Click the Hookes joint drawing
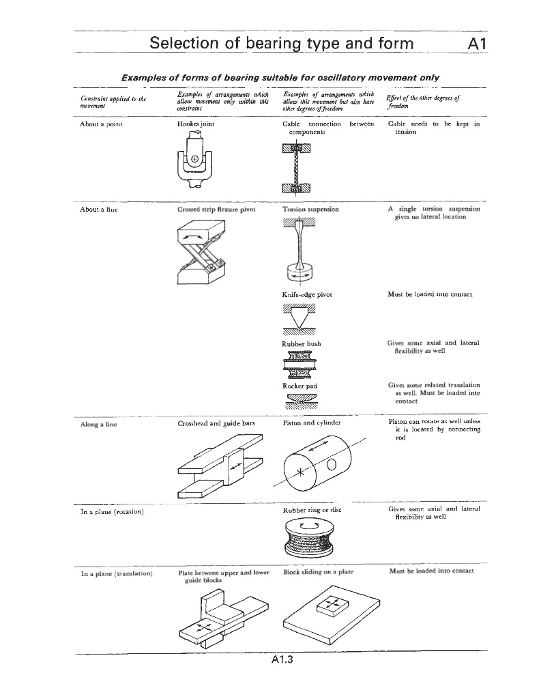tap(194, 162)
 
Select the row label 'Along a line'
tap(98, 424)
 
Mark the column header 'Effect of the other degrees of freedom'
tap(422, 101)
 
